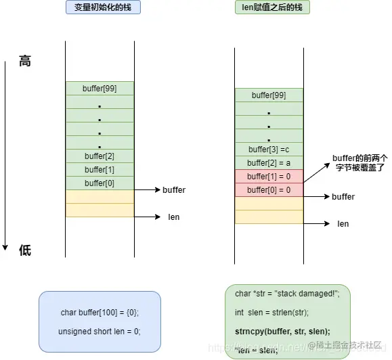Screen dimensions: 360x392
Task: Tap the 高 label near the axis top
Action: point(25,62)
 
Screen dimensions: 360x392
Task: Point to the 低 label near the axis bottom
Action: point(25,251)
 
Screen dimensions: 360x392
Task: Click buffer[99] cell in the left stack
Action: point(100,88)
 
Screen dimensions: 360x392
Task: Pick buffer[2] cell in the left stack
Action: point(100,156)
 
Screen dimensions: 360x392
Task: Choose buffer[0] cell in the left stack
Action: point(100,183)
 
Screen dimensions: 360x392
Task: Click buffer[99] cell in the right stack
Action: point(269,95)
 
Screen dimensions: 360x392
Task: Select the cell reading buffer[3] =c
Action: point(269,150)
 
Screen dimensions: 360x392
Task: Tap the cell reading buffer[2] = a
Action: point(269,163)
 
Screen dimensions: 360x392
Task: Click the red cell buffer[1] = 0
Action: point(269,177)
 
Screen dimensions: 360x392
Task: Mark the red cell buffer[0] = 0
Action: point(269,190)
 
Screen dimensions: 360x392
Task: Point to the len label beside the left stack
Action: point(174,217)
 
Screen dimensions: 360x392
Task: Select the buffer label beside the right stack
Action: point(343,197)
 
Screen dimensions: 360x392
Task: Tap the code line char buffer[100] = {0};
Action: point(100,313)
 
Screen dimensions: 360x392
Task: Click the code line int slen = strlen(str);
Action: point(271,313)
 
